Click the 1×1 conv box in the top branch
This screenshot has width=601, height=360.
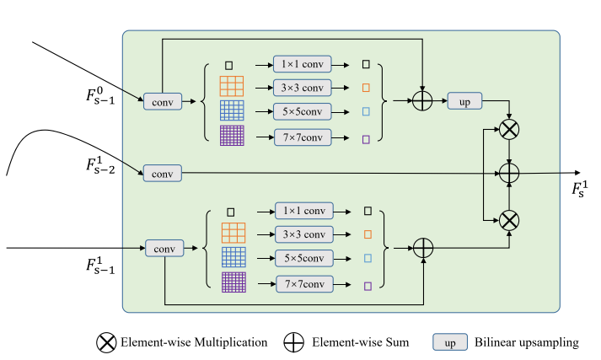coord(302,64)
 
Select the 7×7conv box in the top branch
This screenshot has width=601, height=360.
coord(302,137)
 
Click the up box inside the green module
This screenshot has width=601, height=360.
coord(464,100)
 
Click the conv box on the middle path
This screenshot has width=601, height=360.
coord(160,173)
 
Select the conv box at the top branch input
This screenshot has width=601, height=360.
coord(160,100)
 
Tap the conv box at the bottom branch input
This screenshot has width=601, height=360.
coord(164,248)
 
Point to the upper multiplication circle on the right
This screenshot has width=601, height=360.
coord(509,129)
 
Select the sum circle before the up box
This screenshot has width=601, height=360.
coord(421,100)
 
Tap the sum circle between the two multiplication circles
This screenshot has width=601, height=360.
coord(509,173)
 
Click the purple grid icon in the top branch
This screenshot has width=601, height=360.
coord(231,136)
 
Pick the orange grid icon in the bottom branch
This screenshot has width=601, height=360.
coord(233,233)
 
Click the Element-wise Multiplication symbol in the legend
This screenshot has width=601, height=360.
coord(106,342)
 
